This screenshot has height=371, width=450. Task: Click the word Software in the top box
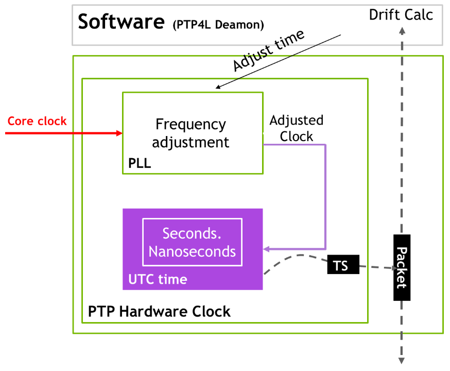click(121, 22)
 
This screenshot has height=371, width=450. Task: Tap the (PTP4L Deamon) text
click(218, 24)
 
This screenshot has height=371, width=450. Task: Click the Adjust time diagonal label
click(268, 50)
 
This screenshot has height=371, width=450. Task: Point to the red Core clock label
click(37, 121)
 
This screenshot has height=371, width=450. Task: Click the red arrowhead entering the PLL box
click(119, 133)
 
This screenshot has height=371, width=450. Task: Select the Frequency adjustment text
click(191, 133)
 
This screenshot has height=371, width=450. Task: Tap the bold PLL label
click(139, 164)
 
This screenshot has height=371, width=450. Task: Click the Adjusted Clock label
click(297, 128)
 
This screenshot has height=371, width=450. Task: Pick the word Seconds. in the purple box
click(192, 233)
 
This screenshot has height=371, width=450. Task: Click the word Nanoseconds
click(192, 251)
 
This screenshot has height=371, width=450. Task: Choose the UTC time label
click(158, 280)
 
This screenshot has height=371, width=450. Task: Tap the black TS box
click(340, 266)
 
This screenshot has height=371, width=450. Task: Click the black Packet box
click(402, 267)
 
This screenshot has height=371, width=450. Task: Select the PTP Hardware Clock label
click(159, 311)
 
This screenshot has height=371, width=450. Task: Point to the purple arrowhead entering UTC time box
click(267, 249)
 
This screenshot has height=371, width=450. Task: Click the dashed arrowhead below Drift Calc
click(402, 30)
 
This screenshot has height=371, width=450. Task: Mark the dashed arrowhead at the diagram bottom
click(402, 361)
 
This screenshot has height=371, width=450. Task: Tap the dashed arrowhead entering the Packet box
click(390, 267)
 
